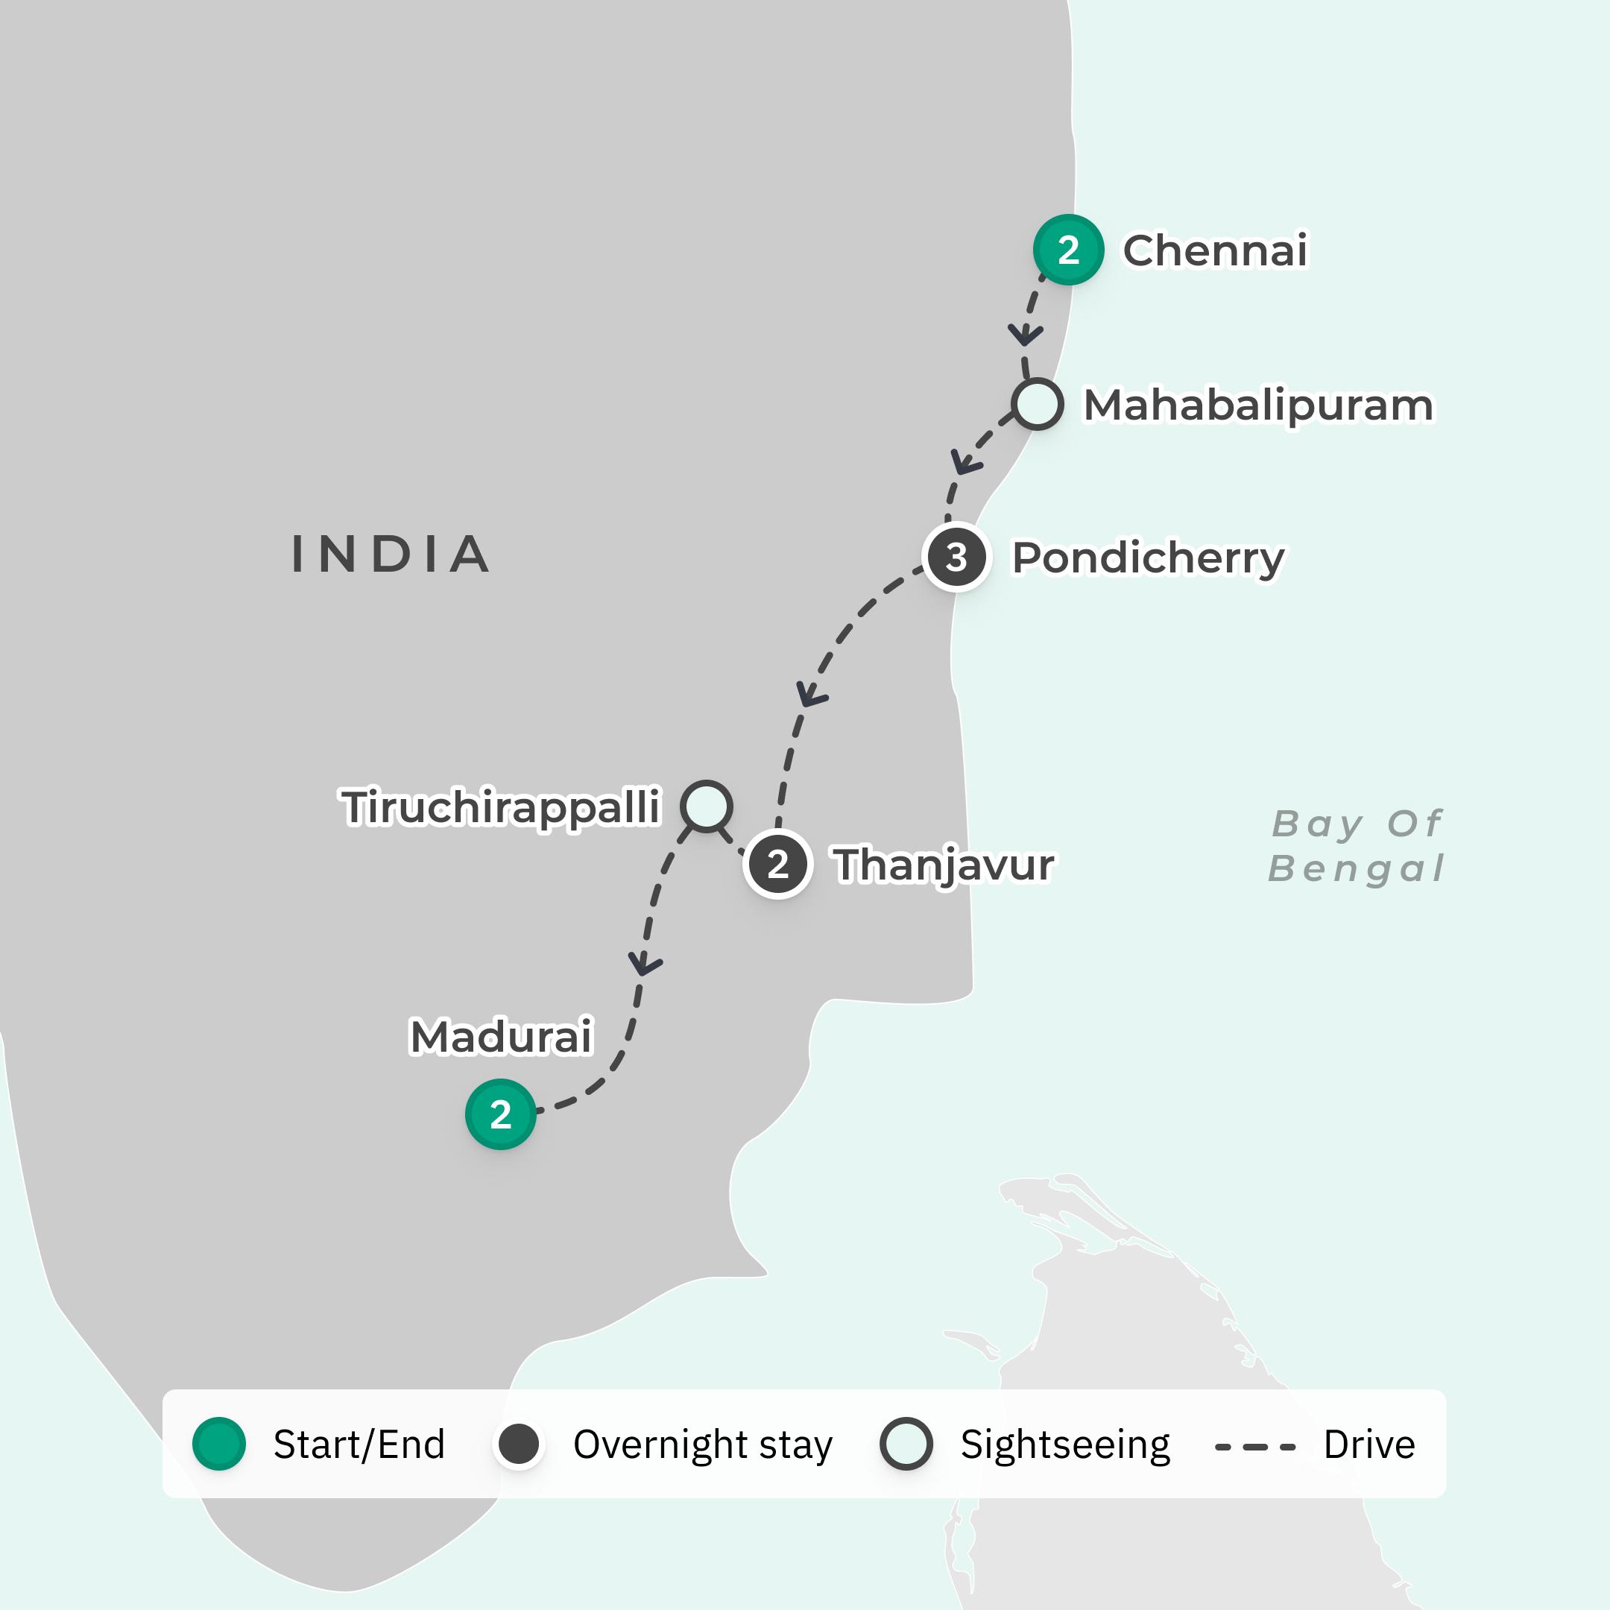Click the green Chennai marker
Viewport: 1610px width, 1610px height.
coord(1068,250)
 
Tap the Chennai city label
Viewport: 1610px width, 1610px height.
coord(1215,251)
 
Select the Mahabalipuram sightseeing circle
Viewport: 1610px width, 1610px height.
coord(1038,404)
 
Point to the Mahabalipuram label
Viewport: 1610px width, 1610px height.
coord(1257,405)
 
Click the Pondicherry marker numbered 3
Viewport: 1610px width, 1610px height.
coord(956,557)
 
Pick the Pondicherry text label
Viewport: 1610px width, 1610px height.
coord(1148,558)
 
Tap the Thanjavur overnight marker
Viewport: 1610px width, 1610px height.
coord(777,864)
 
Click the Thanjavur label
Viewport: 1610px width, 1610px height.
coord(944,865)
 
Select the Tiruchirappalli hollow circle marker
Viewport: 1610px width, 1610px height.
coord(707,806)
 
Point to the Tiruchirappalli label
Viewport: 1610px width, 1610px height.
coord(501,807)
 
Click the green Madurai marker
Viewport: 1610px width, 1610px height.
coord(500,1114)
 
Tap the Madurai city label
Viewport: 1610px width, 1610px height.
coord(501,1037)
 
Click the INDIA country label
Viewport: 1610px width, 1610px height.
coord(390,554)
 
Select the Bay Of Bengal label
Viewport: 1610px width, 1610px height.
coord(1356,846)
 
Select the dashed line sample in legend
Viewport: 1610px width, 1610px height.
coord(1255,1447)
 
